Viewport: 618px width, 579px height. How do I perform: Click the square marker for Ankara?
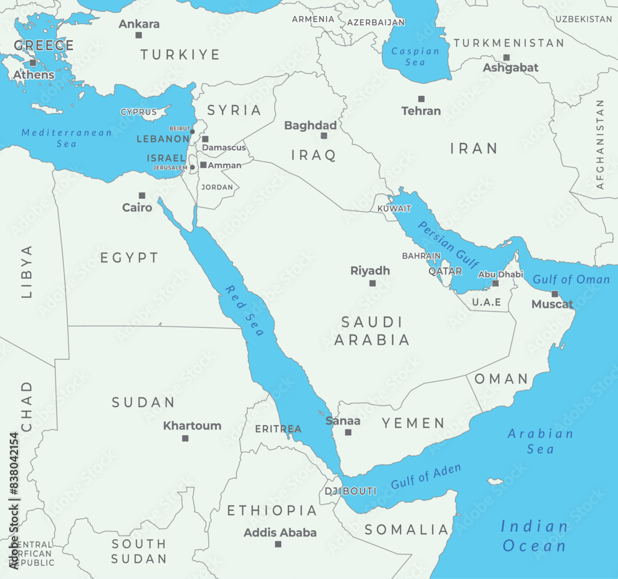click(x=138, y=35)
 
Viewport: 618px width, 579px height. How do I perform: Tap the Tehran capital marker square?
click(x=421, y=99)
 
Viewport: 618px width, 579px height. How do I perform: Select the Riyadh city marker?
click(x=372, y=283)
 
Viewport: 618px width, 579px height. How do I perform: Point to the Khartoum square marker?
click(x=185, y=438)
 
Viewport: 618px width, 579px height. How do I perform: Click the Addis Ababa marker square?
click(x=278, y=544)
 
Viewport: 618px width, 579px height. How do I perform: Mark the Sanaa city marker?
click(x=348, y=433)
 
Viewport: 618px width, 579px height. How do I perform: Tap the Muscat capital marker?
click(x=554, y=294)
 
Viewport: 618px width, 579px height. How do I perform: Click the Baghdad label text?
click(x=310, y=125)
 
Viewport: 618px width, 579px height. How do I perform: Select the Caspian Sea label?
click(x=415, y=57)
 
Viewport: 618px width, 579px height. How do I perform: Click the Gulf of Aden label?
click(x=426, y=476)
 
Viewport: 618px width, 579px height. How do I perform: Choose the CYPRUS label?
click(x=138, y=112)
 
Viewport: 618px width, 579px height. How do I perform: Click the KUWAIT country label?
click(x=394, y=209)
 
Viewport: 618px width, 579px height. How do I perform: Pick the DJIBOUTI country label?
click(x=351, y=491)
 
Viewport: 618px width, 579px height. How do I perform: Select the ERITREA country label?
click(x=278, y=429)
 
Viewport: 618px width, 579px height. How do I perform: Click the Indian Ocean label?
click(x=534, y=536)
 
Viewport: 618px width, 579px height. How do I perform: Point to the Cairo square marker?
click(x=142, y=195)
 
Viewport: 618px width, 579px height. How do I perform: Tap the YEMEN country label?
click(x=413, y=423)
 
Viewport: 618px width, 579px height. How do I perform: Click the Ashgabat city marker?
click(x=506, y=57)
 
